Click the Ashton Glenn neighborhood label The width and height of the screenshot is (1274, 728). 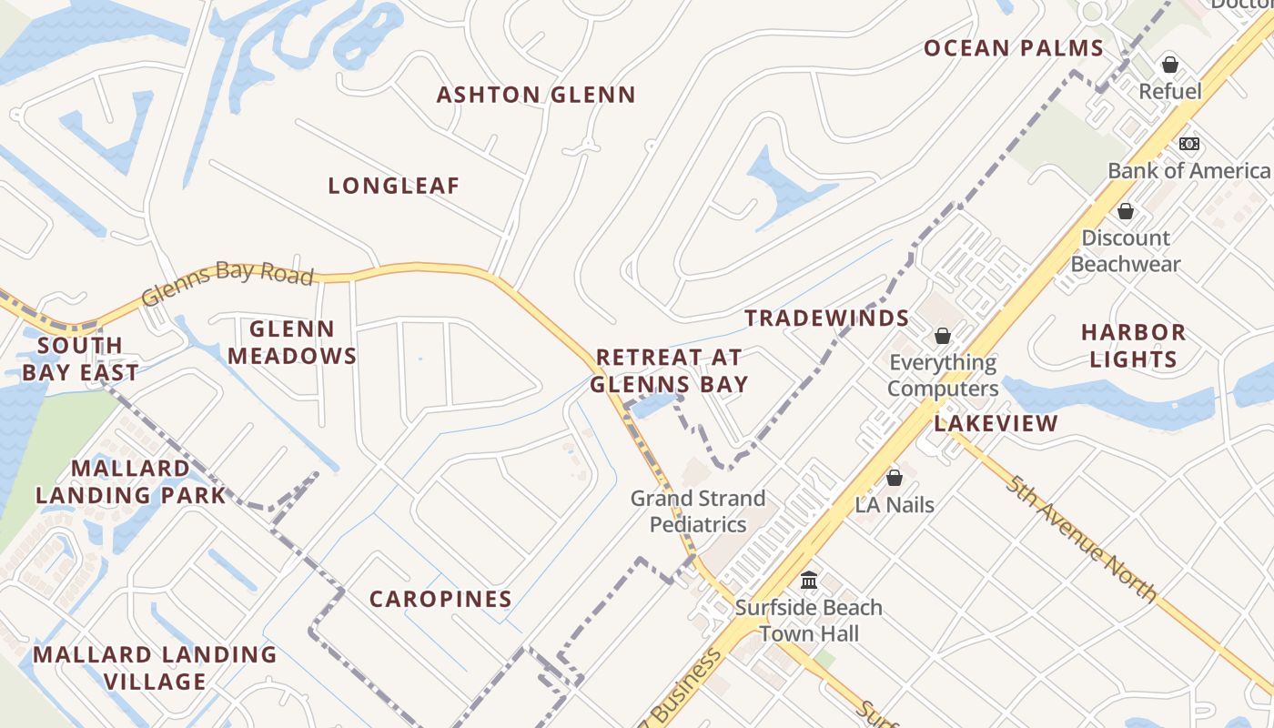(x=536, y=95)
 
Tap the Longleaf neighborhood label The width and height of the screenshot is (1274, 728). (x=394, y=186)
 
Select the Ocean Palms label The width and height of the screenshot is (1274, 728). (x=1014, y=48)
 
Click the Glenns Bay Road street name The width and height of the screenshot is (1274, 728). (x=227, y=283)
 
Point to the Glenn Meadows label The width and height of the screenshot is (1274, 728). (x=292, y=342)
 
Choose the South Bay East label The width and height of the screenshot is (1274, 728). (x=80, y=359)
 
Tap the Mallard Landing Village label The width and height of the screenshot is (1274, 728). (x=155, y=668)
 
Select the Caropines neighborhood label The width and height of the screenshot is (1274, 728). (x=440, y=599)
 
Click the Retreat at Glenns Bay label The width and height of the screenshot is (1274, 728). (x=669, y=370)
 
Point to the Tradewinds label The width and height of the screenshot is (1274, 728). (x=827, y=318)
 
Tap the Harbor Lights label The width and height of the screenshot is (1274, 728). (x=1133, y=346)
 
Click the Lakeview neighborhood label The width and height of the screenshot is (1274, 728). (x=996, y=423)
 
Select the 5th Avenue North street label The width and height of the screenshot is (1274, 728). (x=1081, y=538)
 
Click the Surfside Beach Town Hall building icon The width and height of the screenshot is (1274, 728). (x=809, y=580)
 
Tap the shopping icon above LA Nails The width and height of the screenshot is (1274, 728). (x=895, y=478)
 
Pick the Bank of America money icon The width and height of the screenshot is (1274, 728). (x=1188, y=144)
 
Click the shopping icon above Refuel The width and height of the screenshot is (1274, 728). (x=1170, y=65)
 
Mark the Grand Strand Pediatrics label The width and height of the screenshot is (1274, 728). (x=698, y=511)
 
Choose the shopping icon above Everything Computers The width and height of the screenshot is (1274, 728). (x=943, y=336)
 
